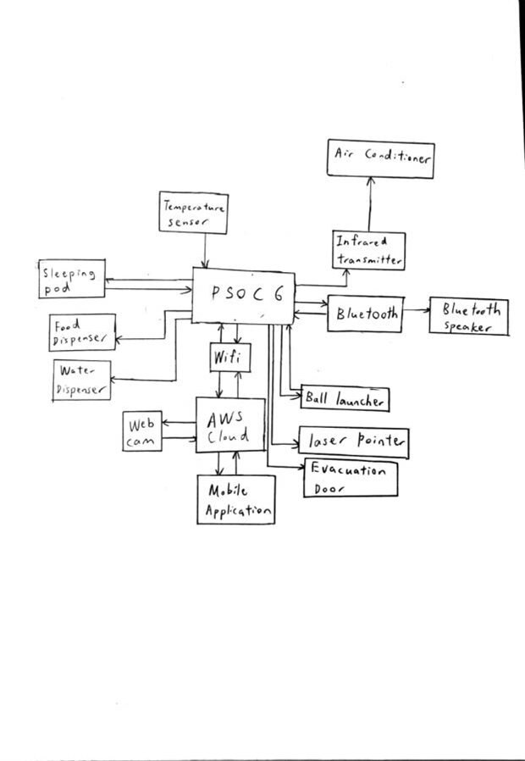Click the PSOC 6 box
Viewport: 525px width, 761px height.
243,297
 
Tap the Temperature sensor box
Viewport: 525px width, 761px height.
195,213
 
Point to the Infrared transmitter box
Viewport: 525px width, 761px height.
367,251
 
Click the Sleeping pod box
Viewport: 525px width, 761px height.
73,278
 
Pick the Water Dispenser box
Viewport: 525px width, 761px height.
81,380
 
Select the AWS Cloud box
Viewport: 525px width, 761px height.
229,425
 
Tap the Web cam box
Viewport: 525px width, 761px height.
141,431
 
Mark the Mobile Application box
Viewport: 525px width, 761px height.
236,500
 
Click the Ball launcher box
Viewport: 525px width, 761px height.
345,397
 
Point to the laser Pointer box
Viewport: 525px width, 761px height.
354,442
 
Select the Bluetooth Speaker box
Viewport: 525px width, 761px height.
470,317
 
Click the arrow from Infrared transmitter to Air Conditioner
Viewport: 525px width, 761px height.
370,203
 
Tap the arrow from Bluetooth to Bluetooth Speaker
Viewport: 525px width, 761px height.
416,312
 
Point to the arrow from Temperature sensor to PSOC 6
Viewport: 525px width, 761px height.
205,251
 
